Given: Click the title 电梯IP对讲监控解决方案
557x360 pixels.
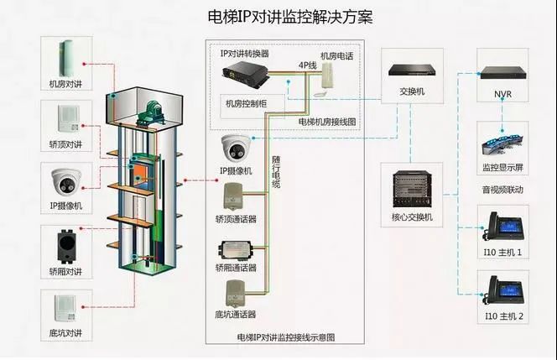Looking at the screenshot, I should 278,16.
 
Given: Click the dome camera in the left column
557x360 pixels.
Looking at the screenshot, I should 65,180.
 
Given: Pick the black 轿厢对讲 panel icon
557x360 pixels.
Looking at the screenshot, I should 65,243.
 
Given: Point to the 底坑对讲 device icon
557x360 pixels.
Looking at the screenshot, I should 65,306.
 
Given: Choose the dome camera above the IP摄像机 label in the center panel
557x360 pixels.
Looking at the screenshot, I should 237,149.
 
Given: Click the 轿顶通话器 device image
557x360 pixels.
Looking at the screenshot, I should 236,199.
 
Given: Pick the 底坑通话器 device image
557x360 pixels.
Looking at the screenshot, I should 236,294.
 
